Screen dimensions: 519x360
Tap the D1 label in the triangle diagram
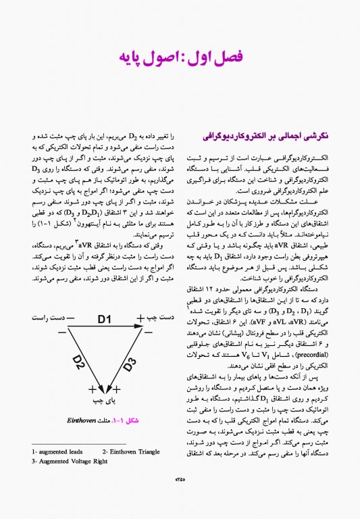[104, 318]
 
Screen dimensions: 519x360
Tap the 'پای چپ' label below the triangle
[103, 401]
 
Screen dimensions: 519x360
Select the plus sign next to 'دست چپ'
[140, 318]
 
